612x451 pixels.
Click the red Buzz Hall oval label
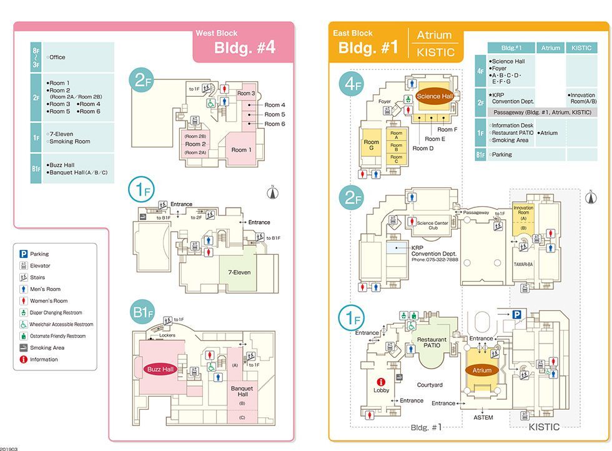160,369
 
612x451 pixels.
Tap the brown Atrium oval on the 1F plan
481,370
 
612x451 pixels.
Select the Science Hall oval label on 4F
435,96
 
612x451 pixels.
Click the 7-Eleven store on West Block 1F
239,272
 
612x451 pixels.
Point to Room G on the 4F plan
372,146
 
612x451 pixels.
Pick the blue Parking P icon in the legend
23,254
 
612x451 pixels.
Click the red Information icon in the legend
23,359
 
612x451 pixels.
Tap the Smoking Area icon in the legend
23,347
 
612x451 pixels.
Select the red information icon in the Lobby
381,381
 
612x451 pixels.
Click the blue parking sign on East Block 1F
517,315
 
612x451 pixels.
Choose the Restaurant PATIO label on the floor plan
432,342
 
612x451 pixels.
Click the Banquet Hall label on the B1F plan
242,392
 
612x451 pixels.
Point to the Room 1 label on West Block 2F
241,150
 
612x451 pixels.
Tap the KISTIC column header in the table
581,48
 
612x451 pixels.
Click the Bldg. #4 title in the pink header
244,48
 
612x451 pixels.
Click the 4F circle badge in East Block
352,84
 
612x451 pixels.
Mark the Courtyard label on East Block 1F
430,385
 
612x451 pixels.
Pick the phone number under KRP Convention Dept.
435,259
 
